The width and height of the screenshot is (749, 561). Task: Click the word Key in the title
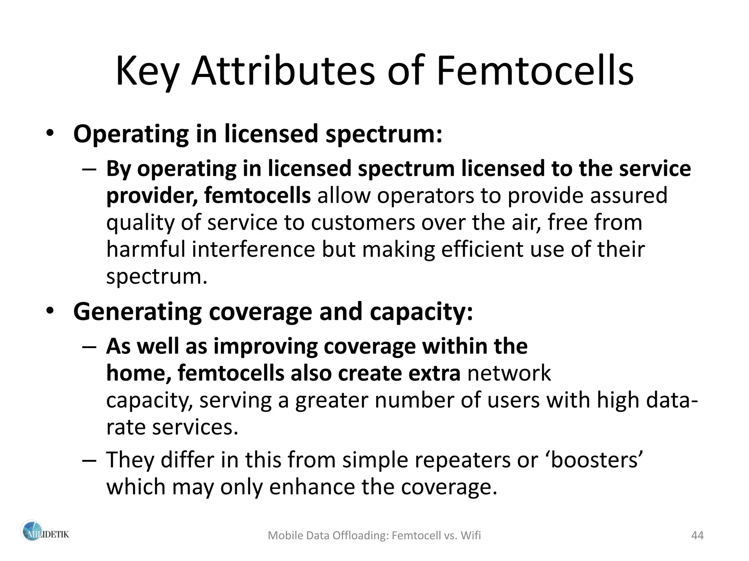146,71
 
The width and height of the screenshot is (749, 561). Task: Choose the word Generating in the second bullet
137,312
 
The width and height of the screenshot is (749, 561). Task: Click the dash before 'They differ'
89,460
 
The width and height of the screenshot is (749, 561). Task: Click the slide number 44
697,535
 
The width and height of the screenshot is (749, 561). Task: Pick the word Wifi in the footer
471,535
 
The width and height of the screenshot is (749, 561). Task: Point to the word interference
253,249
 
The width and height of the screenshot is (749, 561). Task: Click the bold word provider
152,196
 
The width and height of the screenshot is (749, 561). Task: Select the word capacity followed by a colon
421,312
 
